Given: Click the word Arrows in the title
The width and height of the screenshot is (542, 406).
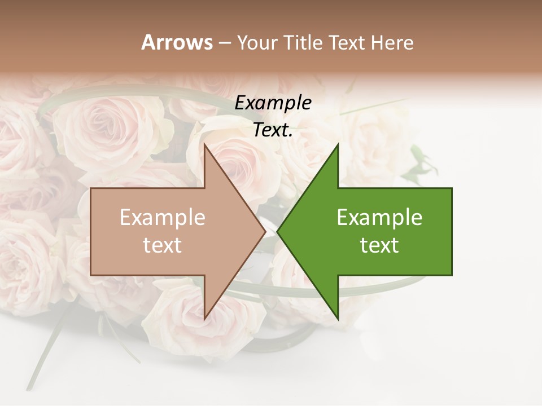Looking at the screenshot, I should click(177, 42).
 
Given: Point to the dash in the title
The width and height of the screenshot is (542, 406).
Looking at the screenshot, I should click(225, 43).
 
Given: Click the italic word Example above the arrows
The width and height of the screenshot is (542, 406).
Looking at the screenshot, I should click(273, 103).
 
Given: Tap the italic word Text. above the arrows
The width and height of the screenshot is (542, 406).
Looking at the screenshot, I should click(273, 130).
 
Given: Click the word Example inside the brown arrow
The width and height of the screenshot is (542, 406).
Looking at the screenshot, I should click(163, 218).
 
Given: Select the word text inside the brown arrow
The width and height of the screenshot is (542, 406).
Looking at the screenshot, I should click(163, 245).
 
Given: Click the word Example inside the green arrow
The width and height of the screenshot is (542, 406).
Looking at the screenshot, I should click(379, 218).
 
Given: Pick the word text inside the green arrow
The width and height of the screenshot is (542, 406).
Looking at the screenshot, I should click(379, 245).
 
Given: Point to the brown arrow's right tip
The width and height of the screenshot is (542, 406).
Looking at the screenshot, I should click(265, 232).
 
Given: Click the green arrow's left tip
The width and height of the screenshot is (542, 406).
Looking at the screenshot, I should click(277, 232).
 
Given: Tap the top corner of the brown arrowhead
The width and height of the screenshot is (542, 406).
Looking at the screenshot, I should click(204, 144).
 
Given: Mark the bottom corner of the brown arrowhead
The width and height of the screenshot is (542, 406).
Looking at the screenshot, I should click(204, 319).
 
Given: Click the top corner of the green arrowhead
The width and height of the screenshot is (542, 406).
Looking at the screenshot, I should click(338, 144).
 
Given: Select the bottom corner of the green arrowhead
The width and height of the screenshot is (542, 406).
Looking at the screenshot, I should click(338, 319).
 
